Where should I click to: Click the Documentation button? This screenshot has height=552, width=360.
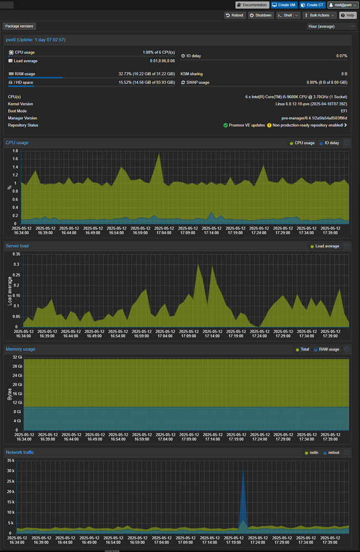pyautogui.click(x=252, y=5)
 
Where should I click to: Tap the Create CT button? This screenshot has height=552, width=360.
pyautogui.click(x=312, y=5)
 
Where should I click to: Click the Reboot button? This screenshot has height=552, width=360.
pyautogui.click(x=235, y=15)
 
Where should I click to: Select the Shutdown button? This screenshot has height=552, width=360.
pyautogui.click(x=261, y=15)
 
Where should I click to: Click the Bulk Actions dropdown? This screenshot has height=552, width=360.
pyautogui.click(x=319, y=15)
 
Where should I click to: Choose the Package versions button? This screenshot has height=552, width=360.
pyautogui.click(x=19, y=26)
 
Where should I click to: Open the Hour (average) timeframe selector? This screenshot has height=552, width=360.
pyautogui.click(x=331, y=26)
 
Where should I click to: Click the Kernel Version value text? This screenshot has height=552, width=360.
pyautogui.click(x=311, y=104)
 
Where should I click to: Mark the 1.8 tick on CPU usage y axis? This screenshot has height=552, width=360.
pyautogui.click(x=15, y=151)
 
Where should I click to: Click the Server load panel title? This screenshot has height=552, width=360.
pyautogui.click(x=17, y=246)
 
